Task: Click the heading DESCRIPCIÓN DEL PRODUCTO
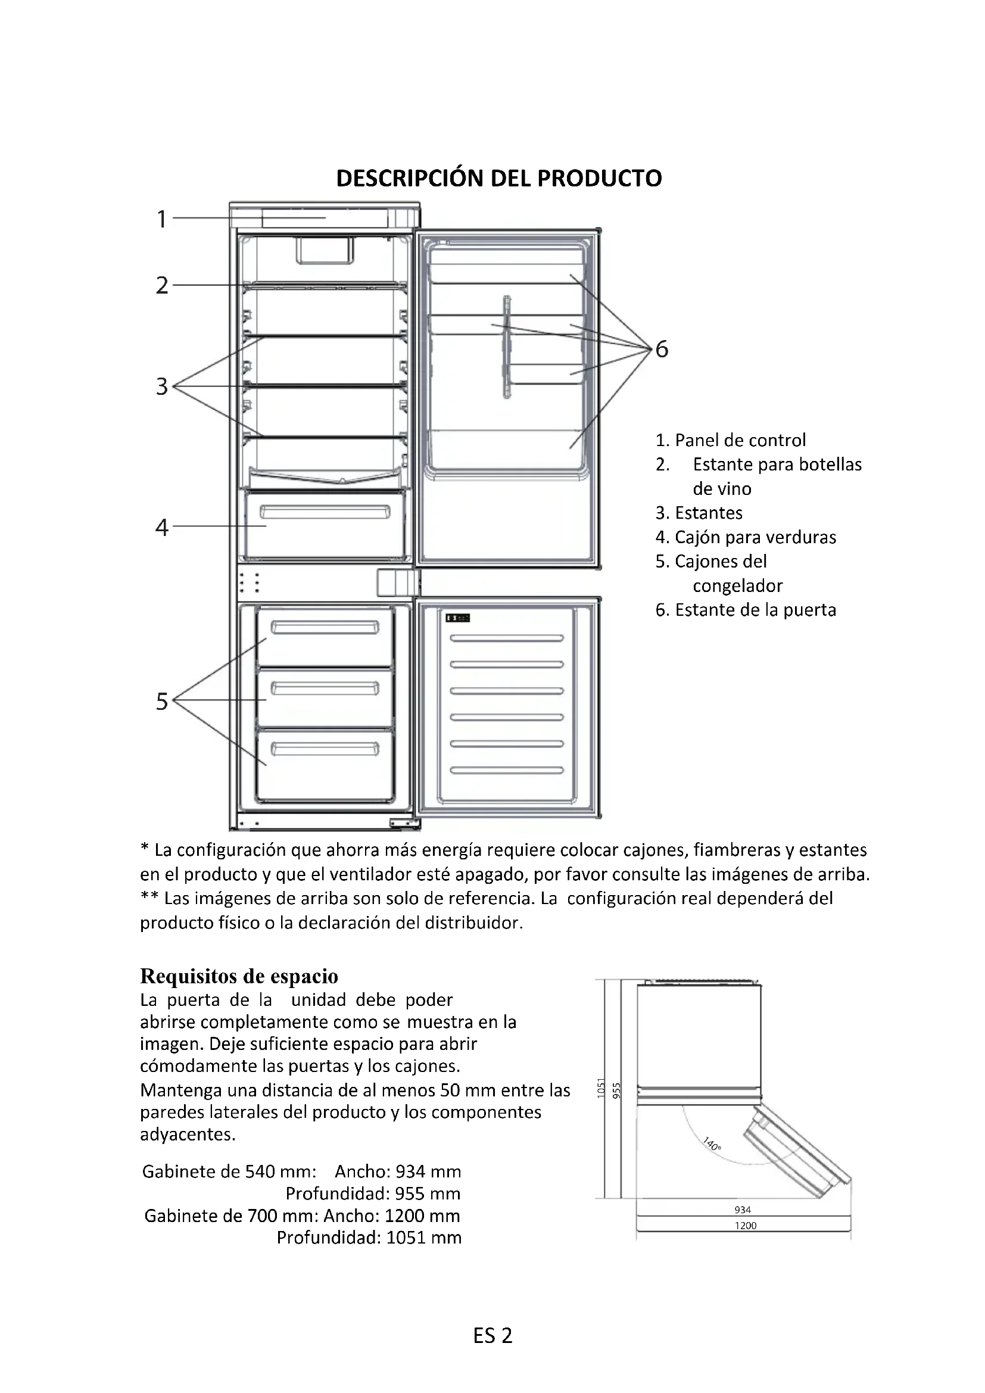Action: [x=498, y=179]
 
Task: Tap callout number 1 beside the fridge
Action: [x=161, y=219]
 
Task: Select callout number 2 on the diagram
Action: [x=161, y=285]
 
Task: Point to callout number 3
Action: [x=161, y=386]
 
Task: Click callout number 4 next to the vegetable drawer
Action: [x=161, y=527]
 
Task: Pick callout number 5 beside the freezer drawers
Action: [x=161, y=702]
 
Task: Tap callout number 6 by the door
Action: [x=662, y=349]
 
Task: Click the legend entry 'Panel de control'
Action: [x=731, y=440]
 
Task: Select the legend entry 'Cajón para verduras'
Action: [x=746, y=537]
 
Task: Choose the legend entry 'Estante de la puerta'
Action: [x=746, y=610]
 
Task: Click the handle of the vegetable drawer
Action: [x=325, y=513]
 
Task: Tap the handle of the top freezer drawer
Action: [x=325, y=627]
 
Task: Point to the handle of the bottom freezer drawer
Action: [x=325, y=749]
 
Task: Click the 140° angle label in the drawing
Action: [x=712, y=1144]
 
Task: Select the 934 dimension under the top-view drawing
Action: [x=743, y=1210]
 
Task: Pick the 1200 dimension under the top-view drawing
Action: [x=746, y=1226]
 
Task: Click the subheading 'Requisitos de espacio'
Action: [x=239, y=976]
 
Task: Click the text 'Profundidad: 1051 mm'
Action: [x=369, y=1237]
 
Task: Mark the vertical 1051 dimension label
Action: [x=601, y=1088]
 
